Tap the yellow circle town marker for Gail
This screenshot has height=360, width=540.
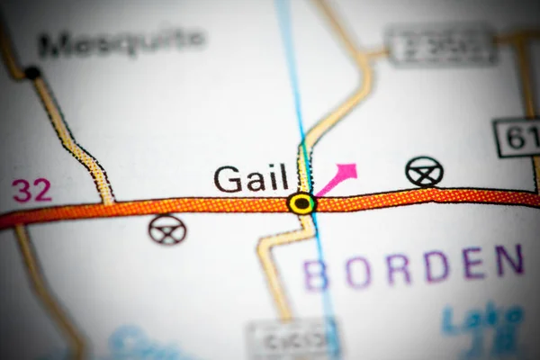(301, 203)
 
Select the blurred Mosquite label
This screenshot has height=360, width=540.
(121, 40)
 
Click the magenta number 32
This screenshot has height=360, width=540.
(31, 190)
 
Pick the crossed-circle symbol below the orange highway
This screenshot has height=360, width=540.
(167, 229)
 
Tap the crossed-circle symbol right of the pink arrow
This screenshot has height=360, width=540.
(424, 171)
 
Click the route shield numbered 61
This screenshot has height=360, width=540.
(517, 137)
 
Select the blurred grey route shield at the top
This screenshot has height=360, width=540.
(440, 42)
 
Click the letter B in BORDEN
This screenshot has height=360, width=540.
(316, 274)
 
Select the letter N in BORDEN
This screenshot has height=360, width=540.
(509, 260)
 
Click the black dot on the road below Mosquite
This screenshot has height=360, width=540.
(32, 73)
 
